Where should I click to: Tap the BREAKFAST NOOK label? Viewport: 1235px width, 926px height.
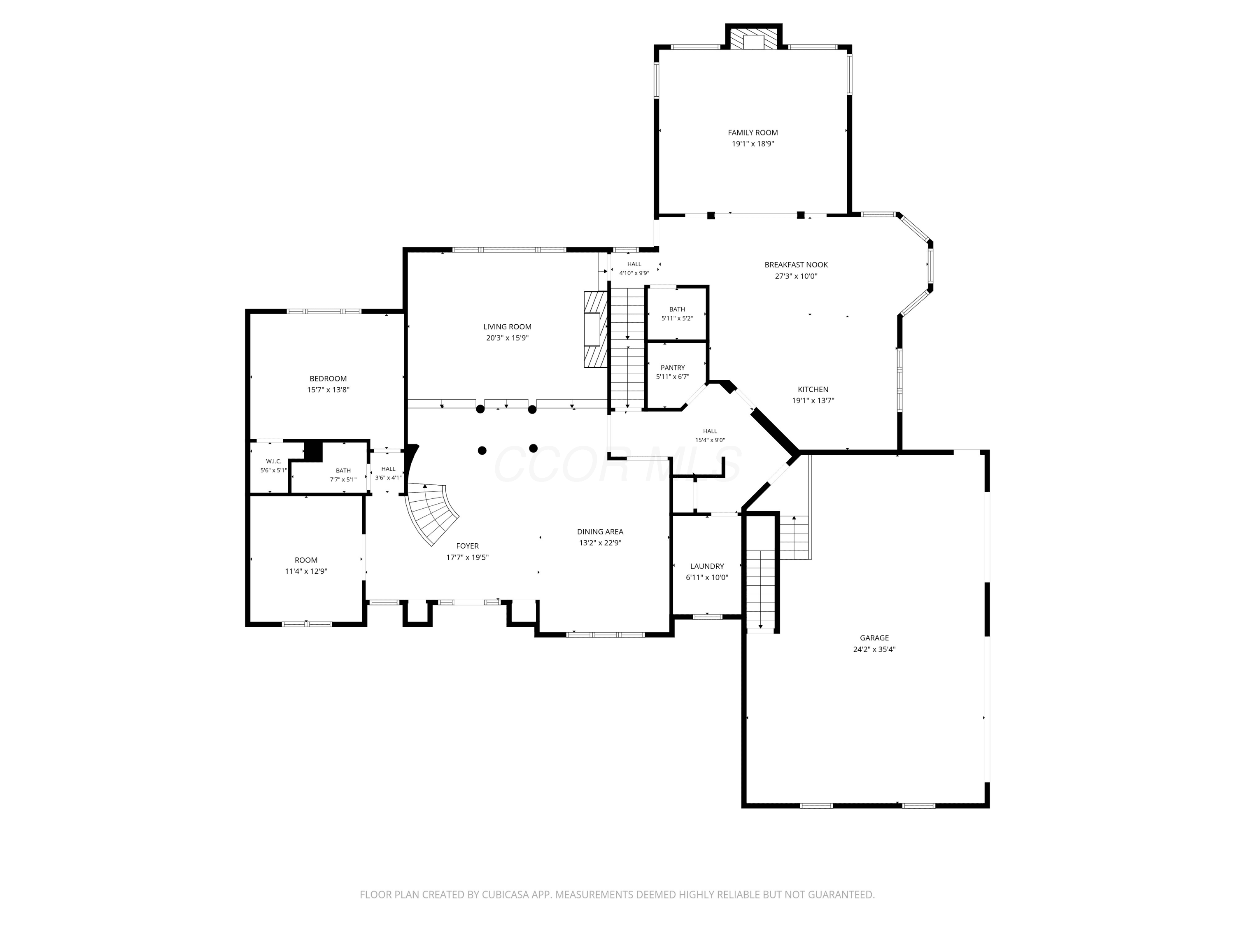pos(796,265)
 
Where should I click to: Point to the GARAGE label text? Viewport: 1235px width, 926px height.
pos(874,638)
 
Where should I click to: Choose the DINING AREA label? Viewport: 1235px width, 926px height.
pos(600,532)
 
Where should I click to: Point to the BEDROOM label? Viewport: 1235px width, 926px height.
pos(328,379)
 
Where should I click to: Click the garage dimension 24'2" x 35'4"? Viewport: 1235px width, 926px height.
pos(874,649)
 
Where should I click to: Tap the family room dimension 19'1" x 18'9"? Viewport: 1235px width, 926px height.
pos(753,144)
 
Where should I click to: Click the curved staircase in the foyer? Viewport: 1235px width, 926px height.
pos(432,514)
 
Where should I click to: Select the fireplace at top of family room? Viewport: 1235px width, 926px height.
pos(753,38)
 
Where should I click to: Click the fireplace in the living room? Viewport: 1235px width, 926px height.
pos(596,329)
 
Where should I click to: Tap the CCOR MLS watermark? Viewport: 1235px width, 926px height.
pos(617,463)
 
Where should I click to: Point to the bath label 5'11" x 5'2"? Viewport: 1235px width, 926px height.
pos(677,319)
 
